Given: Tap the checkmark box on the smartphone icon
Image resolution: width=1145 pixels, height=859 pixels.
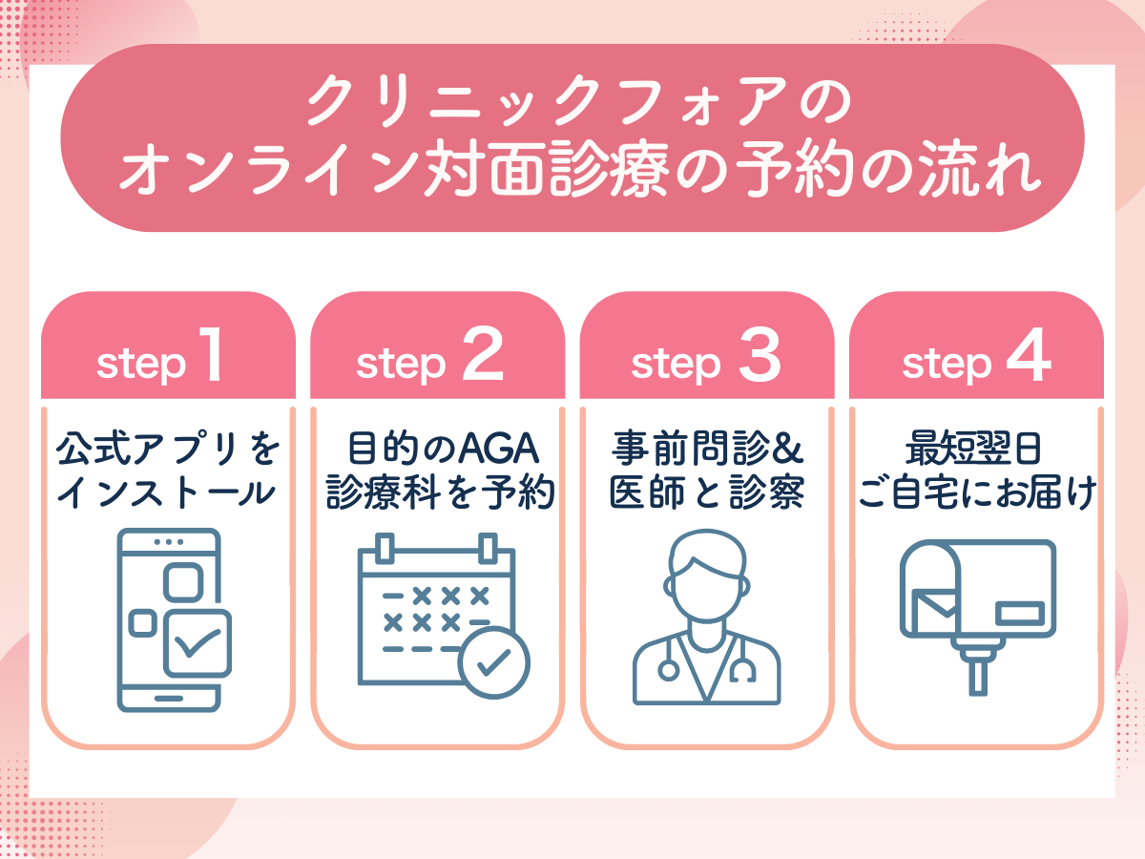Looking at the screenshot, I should pyautogui.click(x=197, y=644).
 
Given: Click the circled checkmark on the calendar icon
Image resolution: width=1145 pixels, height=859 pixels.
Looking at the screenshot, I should pyautogui.click(x=494, y=662).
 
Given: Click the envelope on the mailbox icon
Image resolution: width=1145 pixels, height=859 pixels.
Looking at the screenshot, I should pyautogui.click(x=936, y=607).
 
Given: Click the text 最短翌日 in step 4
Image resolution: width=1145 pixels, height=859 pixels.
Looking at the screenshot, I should pyautogui.click(x=975, y=446).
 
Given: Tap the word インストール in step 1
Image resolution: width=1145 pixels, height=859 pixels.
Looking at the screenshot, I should pyautogui.click(x=169, y=492).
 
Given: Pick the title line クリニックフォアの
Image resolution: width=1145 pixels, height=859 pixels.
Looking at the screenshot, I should pyautogui.click(x=572, y=103).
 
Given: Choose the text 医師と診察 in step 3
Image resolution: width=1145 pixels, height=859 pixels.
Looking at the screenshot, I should pyautogui.click(x=707, y=492).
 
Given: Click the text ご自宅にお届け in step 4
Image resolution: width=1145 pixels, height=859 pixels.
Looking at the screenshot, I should pyautogui.click(x=975, y=492).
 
